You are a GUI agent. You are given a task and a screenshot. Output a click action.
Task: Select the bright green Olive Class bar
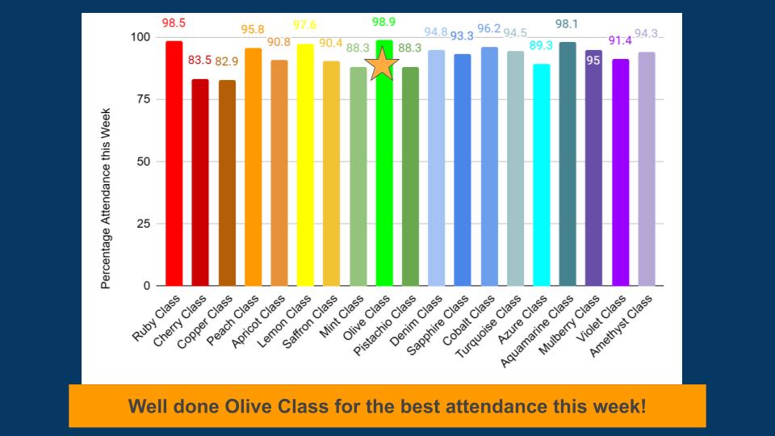pyautogui.click(x=384, y=186)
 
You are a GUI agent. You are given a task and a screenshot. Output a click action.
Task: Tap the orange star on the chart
pyautogui.click(x=382, y=65)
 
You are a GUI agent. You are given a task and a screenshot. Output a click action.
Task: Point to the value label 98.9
pyautogui.click(x=384, y=22)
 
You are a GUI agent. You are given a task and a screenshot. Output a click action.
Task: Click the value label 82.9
pyautogui.click(x=227, y=61)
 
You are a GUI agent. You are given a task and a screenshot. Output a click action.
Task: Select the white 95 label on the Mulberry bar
pyautogui.click(x=593, y=61)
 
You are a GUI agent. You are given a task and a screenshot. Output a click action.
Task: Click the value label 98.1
pyautogui.click(x=567, y=24)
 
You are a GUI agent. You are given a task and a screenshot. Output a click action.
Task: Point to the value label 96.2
pyautogui.click(x=489, y=28)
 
